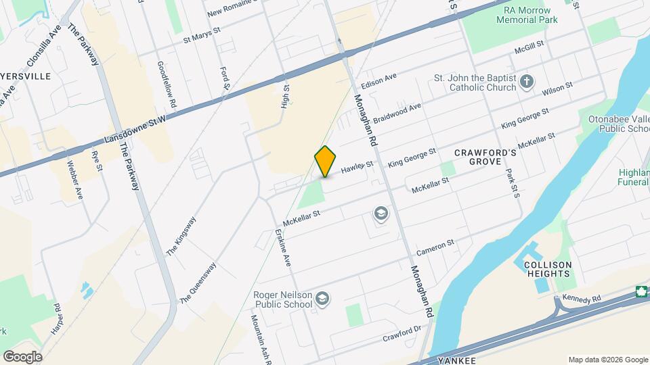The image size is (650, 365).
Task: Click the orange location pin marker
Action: coord(326,161)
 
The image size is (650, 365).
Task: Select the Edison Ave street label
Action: coord(378,81)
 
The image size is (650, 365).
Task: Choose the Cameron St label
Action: coord(435,247)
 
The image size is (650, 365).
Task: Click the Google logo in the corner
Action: coord(22,356)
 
